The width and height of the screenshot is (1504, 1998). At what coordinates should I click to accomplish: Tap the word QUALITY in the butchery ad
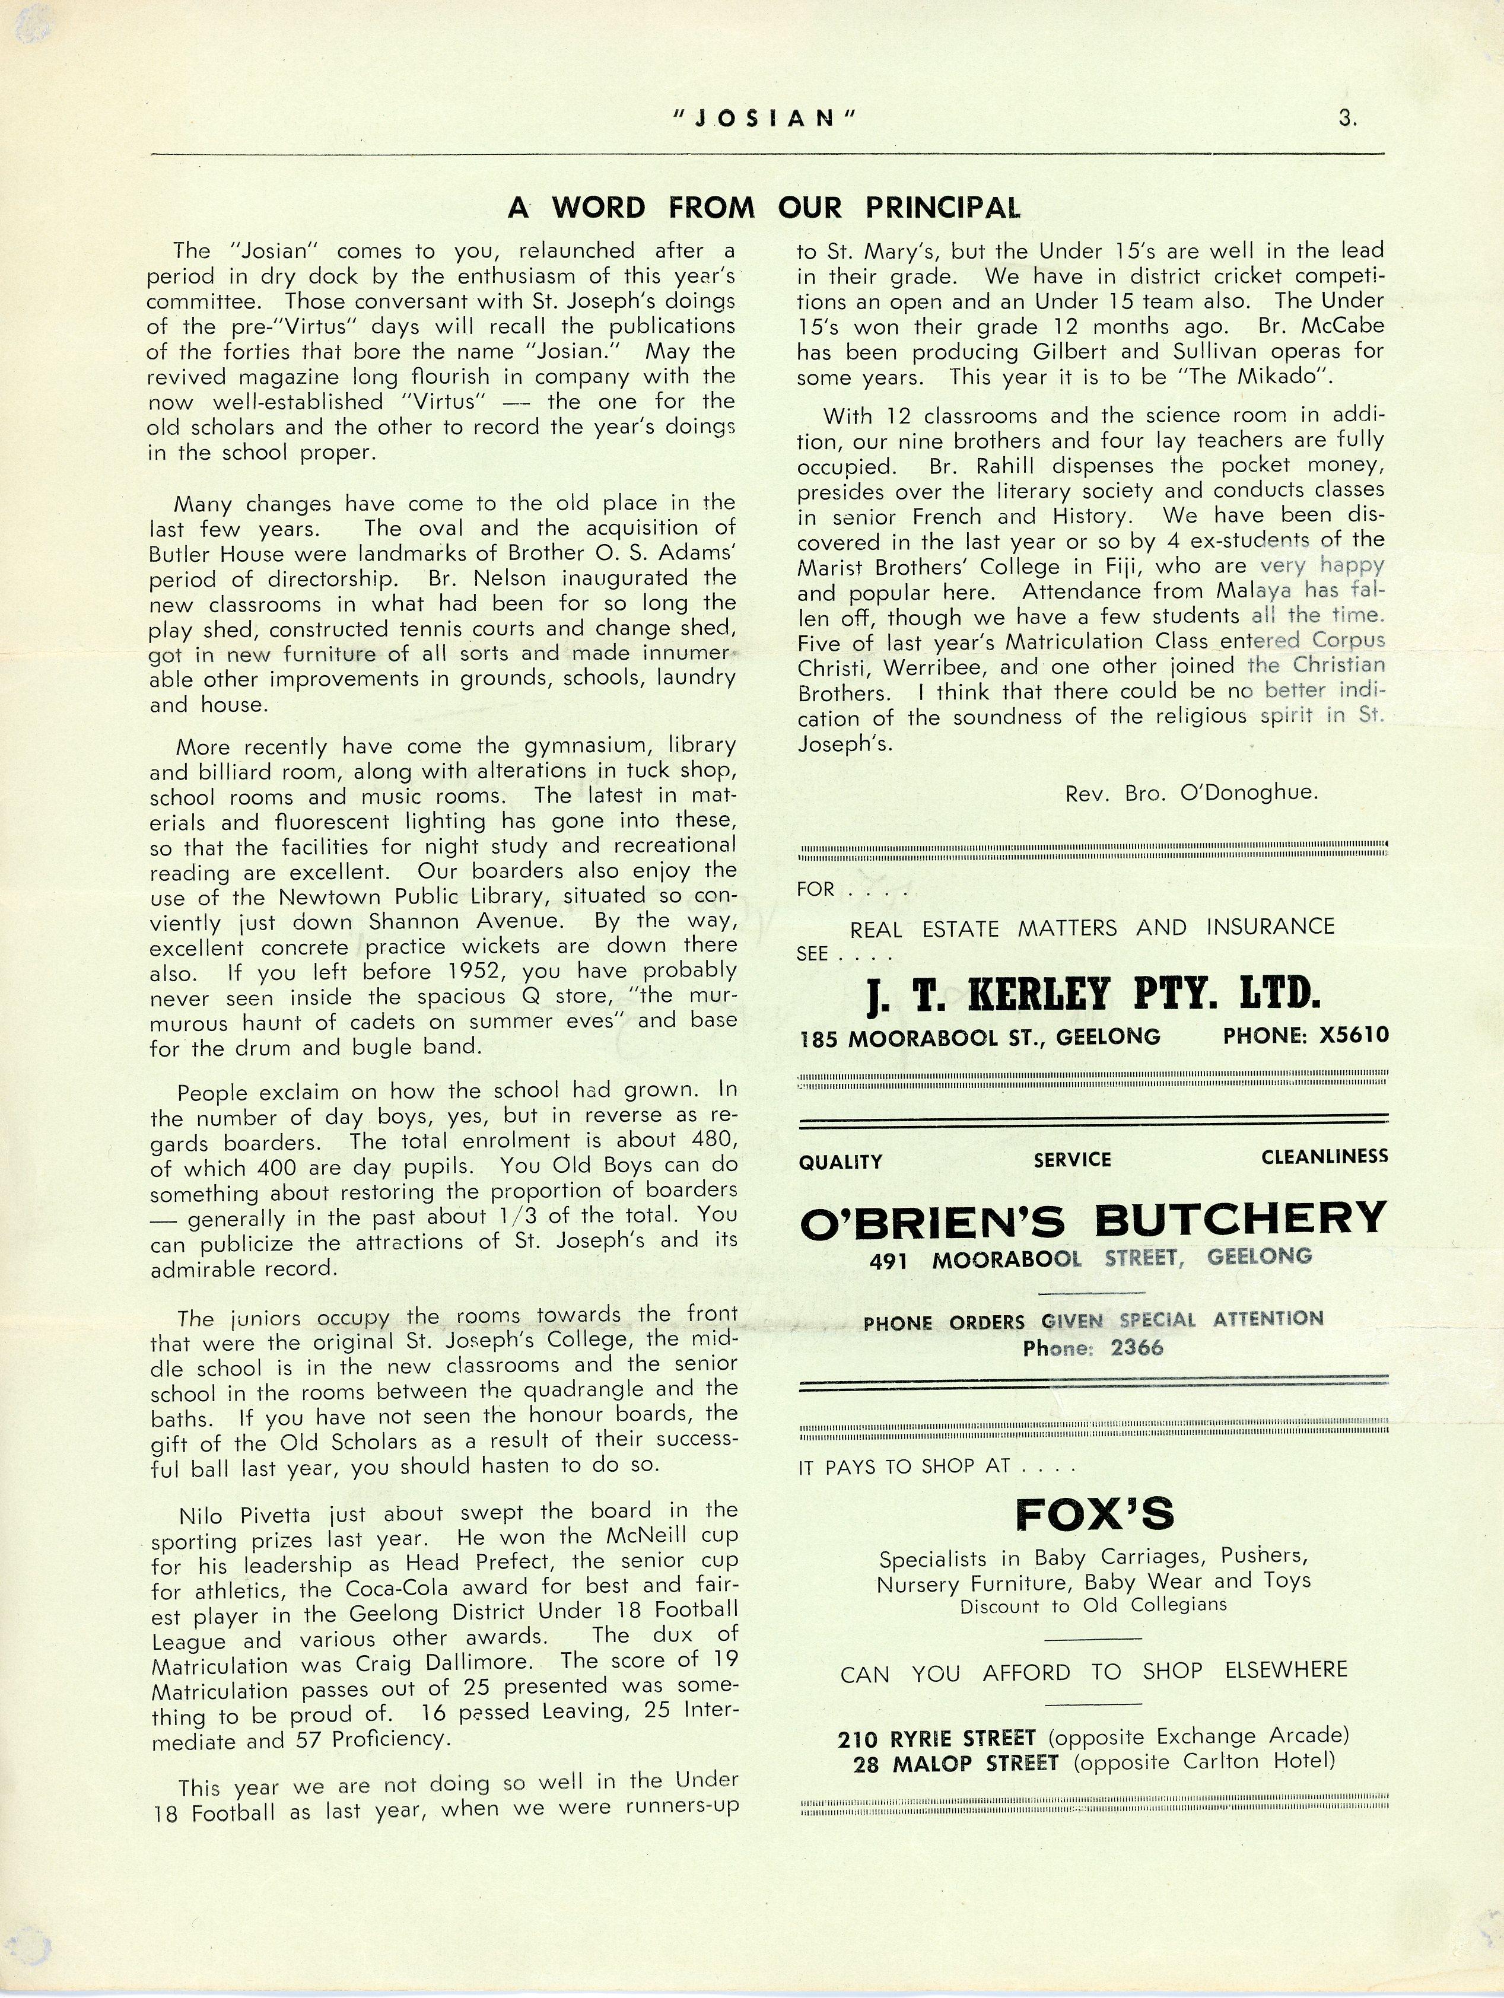[840, 1163]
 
